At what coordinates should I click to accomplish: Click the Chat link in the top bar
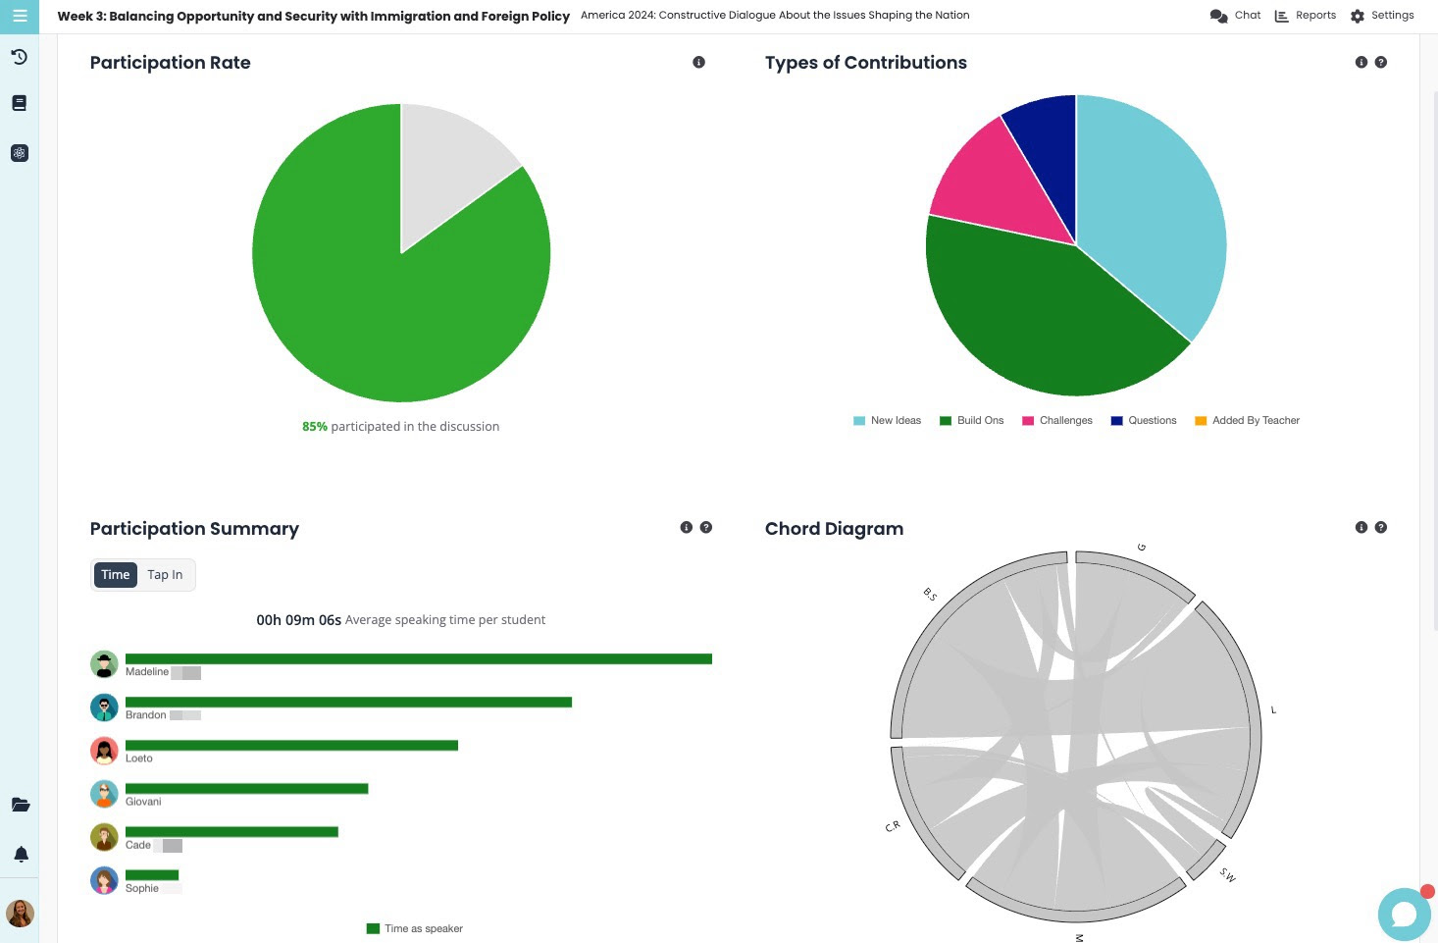tap(1235, 16)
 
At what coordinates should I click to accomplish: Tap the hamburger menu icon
tap(20, 16)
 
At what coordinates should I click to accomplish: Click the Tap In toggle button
tap(165, 575)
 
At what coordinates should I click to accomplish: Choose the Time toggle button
tap(115, 575)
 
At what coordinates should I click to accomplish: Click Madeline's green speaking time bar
tap(418, 659)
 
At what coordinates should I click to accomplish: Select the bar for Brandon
tap(348, 703)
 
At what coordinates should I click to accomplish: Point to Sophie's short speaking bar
tap(152, 875)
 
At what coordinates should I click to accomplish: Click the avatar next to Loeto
tap(104, 751)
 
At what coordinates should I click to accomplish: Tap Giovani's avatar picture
tap(104, 794)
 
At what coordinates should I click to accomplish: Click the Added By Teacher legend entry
tap(1247, 421)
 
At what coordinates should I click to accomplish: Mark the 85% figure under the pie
tap(314, 427)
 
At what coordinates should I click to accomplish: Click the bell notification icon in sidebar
tap(21, 855)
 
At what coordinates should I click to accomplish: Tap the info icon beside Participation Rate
tap(698, 62)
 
